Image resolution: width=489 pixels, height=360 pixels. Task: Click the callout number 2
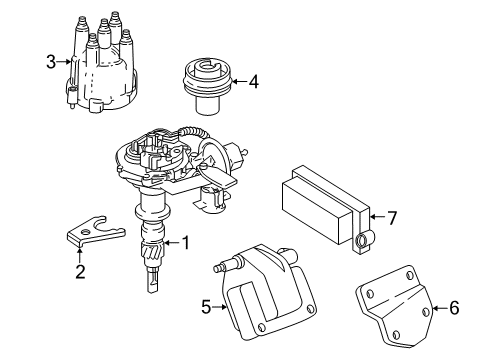coord(79,271)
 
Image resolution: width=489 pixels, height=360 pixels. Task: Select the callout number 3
coord(50,63)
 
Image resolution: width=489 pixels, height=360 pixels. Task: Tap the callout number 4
coord(253,83)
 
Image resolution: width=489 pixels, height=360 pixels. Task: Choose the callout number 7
coord(392,216)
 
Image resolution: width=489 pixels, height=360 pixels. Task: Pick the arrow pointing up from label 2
coord(79,256)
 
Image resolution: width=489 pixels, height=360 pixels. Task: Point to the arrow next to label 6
coord(439,308)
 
